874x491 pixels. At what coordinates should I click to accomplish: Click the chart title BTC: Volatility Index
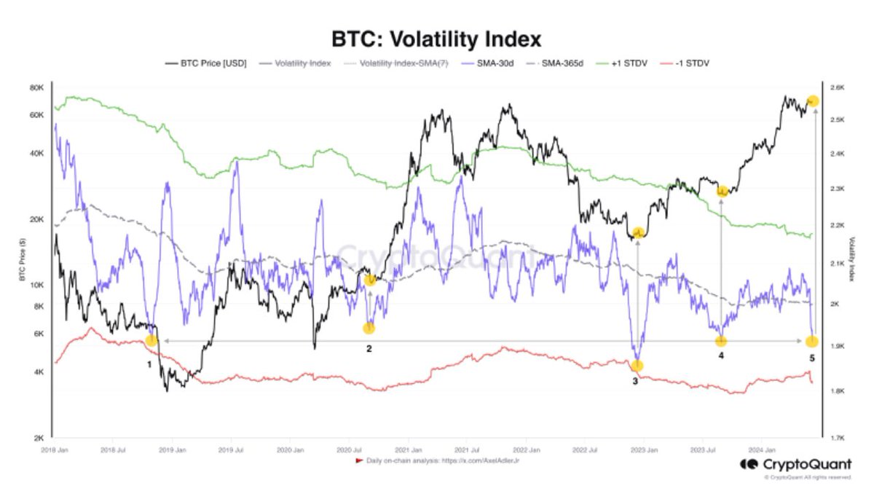tap(437, 38)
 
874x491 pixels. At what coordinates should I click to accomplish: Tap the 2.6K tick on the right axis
tap(837, 88)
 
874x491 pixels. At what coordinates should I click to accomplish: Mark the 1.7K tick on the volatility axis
tap(837, 439)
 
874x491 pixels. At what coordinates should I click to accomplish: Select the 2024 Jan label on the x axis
tap(760, 451)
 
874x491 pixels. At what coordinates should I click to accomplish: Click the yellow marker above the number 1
tap(151, 340)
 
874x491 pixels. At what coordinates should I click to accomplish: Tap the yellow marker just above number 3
tap(637, 366)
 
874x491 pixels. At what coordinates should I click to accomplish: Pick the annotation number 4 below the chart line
tap(721, 356)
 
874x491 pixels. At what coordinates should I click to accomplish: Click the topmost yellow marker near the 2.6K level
tap(813, 101)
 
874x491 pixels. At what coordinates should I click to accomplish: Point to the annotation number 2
tap(369, 348)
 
